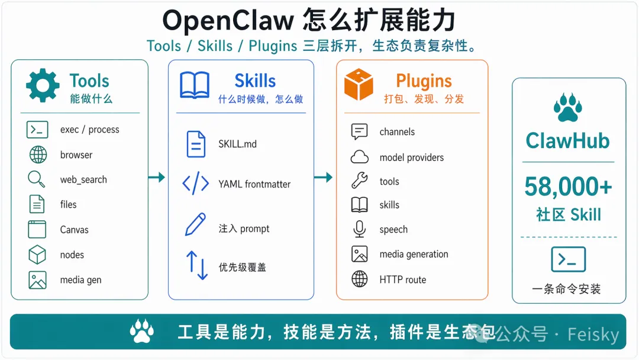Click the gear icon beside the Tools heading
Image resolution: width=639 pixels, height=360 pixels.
43,86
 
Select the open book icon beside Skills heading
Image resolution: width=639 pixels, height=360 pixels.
195,86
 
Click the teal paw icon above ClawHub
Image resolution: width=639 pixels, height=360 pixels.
568,106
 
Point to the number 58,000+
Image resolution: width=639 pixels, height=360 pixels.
568,187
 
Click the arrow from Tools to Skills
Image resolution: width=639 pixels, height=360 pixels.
157,177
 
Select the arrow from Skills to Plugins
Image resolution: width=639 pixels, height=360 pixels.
324,177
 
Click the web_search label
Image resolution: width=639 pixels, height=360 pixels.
83,180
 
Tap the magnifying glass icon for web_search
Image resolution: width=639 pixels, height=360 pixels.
37,179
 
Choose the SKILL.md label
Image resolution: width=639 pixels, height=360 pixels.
237,144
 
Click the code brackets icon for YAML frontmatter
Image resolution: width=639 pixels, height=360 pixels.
195,184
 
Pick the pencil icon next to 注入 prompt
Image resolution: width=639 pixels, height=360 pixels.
195,225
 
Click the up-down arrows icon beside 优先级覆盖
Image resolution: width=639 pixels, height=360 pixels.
197,265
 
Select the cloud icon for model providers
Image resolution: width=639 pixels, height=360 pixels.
360,157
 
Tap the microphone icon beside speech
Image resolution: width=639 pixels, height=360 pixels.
359,229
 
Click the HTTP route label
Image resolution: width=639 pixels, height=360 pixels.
402,280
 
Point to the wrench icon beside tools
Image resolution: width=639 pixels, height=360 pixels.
359,181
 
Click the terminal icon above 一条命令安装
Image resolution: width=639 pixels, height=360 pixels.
568,259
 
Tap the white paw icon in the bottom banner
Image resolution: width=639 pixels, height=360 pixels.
143,331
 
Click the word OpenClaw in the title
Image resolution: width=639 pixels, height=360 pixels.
228,21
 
